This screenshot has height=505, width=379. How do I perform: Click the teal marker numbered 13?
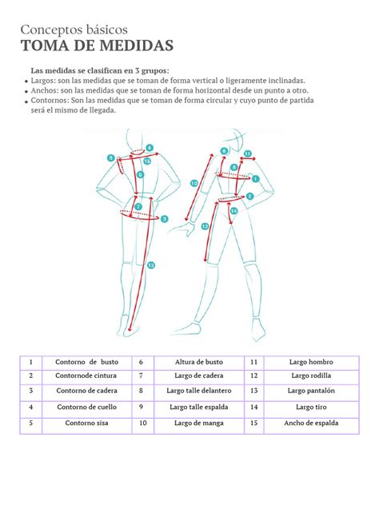coord(151,264)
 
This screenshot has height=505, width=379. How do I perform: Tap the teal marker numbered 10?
coord(194,184)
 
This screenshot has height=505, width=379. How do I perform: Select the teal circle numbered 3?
coord(164,218)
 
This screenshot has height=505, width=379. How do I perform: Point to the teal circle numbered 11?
coord(248,153)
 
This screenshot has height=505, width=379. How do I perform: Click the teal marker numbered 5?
coord(110,158)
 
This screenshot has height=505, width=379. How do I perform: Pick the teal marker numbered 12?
coord(205,226)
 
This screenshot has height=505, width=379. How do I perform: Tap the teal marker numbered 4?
coord(149,147)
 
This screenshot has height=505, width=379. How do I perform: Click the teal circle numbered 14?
coord(233,211)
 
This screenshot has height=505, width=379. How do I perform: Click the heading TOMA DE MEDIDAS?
coord(95,44)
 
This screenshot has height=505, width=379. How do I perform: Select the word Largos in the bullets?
coord(43,80)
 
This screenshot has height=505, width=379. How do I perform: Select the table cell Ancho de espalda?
coord(311,423)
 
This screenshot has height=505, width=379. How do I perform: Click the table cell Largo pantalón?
coord(311,392)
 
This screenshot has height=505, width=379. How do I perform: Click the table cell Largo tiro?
coord(311,407)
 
